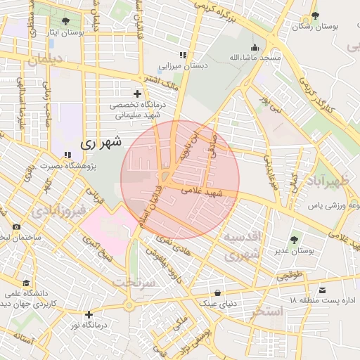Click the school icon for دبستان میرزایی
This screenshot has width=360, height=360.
coord(183,55)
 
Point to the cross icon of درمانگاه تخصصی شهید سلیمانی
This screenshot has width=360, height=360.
coord(137,94)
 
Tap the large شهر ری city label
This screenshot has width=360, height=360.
coord(101,143)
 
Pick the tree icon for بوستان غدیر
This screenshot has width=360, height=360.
coord(294,240)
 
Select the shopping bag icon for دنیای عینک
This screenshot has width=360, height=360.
coord(217,292)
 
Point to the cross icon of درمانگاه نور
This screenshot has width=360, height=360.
coord(89,314)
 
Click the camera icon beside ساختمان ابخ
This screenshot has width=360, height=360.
coord(16,227)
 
